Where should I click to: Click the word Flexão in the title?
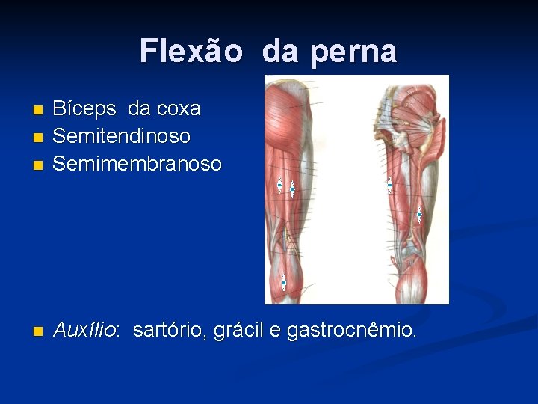pyautogui.click(x=190, y=51)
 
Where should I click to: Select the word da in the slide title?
pyautogui.click(x=280, y=51)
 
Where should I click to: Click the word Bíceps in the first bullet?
pyautogui.click(x=84, y=109)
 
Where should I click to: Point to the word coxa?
pyautogui.click(x=174, y=109)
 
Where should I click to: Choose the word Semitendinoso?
pyautogui.click(x=121, y=136)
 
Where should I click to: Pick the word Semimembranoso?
pyautogui.click(x=137, y=164)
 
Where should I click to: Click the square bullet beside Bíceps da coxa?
pyautogui.click(x=38, y=111)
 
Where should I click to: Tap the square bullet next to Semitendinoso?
pyautogui.click(x=38, y=138)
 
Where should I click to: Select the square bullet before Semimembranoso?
pyautogui.click(x=38, y=165)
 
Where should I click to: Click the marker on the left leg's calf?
pyautogui.click(x=284, y=282)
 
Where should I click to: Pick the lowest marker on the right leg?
pyautogui.click(x=419, y=215)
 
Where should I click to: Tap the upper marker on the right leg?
pyautogui.click(x=389, y=185)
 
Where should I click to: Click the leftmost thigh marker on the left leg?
pyautogui.click(x=279, y=185)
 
